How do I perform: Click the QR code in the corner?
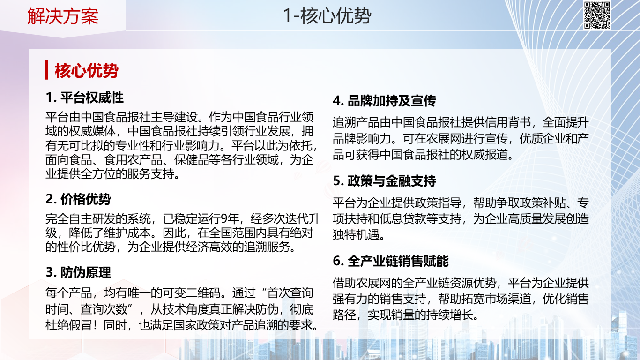click(x=597, y=15)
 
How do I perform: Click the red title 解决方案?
click(x=63, y=16)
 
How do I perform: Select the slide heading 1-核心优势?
click(x=327, y=15)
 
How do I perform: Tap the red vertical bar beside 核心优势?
click(x=46, y=70)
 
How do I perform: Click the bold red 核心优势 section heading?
click(x=87, y=71)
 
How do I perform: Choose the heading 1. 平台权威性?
click(x=85, y=97)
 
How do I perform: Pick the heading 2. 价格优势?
click(x=78, y=199)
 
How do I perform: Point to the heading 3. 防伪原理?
click(x=78, y=272)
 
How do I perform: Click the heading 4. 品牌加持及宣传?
click(x=384, y=101)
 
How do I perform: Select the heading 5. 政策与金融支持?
click(x=384, y=181)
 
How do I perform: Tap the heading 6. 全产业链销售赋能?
click(x=391, y=261)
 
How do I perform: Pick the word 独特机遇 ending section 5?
click(x=356, y=235)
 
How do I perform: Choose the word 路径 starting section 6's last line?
click(x=344, y=315)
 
